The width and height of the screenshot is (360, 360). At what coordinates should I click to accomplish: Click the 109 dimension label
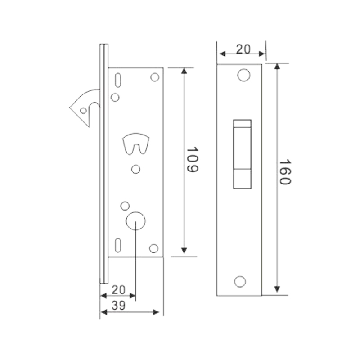[x=192, y=160]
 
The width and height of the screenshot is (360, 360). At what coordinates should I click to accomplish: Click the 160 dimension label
[x=285, y=172]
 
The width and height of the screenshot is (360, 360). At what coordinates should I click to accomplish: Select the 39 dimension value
[x=118, y=306]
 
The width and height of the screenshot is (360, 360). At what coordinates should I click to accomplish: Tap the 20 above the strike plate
[x=243, y=49]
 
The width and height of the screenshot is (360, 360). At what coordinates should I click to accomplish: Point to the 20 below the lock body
[x=118, y=290]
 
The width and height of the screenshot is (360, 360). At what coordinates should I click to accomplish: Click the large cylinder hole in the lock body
[x=136, y=220]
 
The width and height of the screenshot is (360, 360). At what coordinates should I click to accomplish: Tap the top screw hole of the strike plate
[x=244, y=75]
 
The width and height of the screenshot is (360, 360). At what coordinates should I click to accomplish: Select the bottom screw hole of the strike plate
[x=240, y=282]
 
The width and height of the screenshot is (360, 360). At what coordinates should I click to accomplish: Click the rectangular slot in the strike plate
[x=242, y=154]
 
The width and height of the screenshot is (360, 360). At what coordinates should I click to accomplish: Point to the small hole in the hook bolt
[x=83, y=111]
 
